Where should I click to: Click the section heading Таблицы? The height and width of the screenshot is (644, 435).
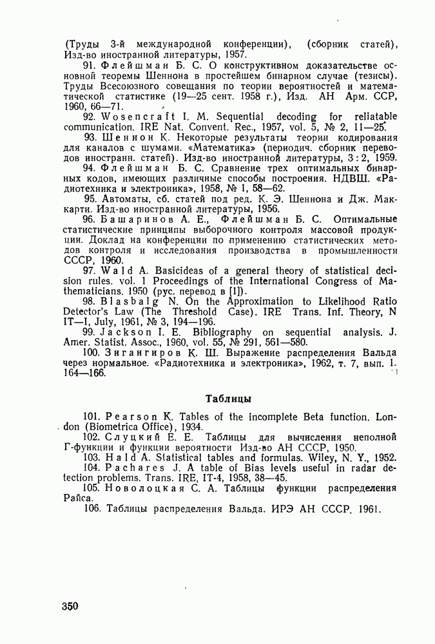click(x=227, y=398)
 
